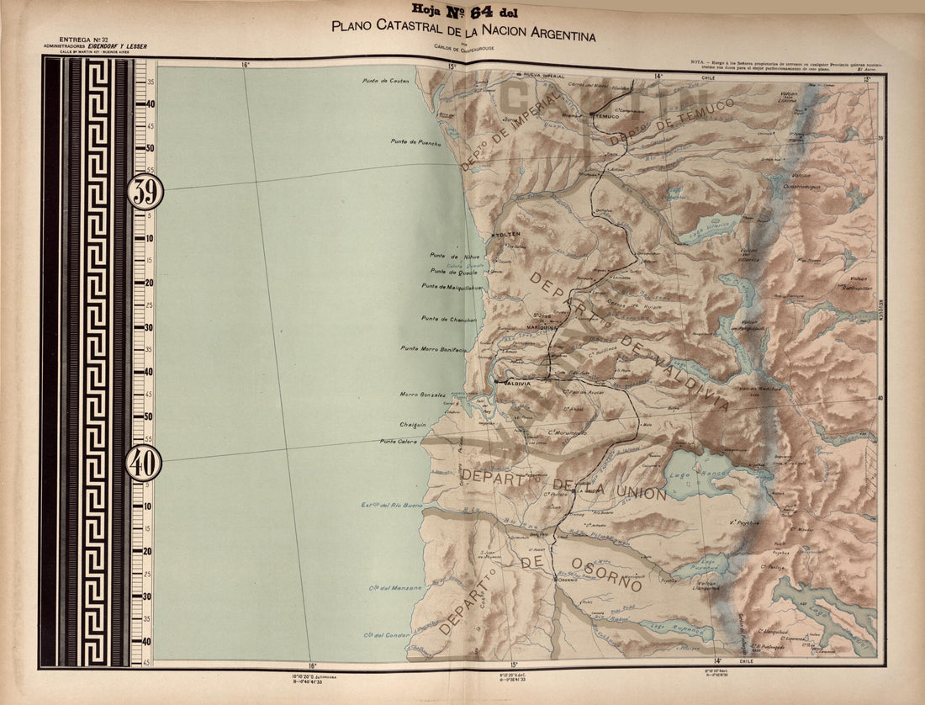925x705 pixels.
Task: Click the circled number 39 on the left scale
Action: [145, 193]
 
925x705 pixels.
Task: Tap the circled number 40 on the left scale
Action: [143, 464]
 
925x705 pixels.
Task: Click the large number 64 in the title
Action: [473, 11]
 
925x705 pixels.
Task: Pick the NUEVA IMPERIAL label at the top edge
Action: [545, 75]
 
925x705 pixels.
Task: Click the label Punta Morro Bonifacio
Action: [433, 348]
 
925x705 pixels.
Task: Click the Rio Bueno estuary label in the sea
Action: [390, 505]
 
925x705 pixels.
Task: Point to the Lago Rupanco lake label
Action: [663, 626]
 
